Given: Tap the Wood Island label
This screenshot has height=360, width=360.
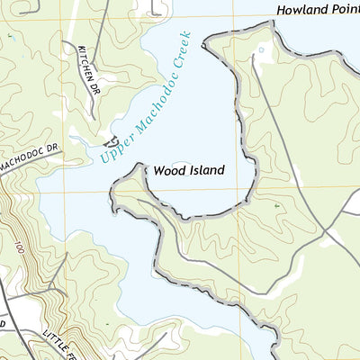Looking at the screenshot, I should pos(188,169).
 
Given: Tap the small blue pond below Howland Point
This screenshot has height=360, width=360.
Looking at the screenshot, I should pos(262,49).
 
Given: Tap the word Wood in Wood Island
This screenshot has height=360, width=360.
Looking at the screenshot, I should pos(167,169).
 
